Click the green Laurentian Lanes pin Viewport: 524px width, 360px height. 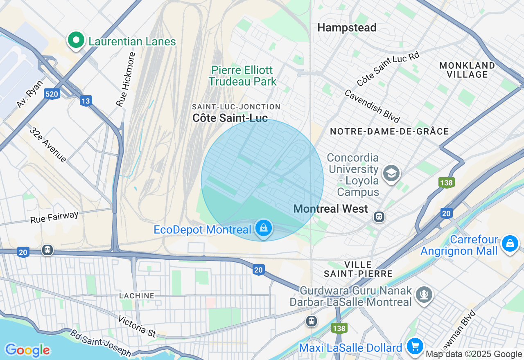click(76, 40)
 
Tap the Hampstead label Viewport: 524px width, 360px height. click(347, 28)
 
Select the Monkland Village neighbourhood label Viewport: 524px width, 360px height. click(467, 70)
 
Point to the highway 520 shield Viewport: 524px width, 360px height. click(52, 94)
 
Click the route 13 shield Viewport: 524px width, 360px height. click(86, 101)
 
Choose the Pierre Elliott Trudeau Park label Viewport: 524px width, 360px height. click(242, 76)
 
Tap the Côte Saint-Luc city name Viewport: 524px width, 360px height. click(230, 119)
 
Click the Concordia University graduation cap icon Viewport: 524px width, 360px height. click(391, 173)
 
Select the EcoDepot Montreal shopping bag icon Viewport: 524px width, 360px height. click(264, 229)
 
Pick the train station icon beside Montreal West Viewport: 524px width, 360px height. click(379, 216)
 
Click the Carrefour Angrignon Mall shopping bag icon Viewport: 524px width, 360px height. click(510, 244)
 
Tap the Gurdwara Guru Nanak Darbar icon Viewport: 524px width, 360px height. click(424, 294)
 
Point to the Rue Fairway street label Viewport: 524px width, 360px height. click(54, 217)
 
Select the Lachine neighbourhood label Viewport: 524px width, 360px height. click(137, 296)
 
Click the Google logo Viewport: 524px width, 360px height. click(27, 350)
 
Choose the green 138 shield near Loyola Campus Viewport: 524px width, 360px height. click(446, 182)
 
